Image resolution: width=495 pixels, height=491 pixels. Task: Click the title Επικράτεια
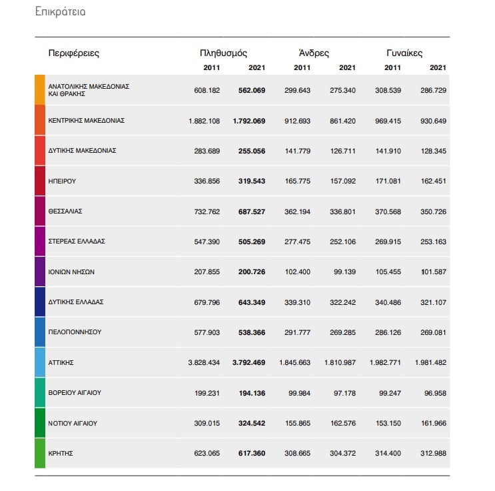61,12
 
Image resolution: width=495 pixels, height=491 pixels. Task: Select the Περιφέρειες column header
73,53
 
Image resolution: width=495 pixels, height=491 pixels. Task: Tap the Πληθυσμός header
223,53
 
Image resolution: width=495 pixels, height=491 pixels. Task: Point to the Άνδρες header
314,53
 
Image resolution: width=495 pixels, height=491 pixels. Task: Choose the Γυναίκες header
404,53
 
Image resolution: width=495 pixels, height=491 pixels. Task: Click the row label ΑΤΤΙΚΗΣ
61,363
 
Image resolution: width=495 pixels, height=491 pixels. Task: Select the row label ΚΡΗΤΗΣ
61,454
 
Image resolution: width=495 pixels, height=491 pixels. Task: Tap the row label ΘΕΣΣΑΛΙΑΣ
65,211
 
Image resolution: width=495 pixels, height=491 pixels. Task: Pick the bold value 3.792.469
248,363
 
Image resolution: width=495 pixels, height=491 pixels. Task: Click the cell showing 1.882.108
205,121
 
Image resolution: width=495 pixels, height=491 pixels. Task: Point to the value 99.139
344,272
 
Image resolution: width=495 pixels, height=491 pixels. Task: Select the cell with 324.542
252,424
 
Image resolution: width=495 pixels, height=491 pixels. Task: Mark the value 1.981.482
430,363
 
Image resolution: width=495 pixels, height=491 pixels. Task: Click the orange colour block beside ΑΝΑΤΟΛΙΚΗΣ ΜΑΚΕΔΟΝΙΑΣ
40,90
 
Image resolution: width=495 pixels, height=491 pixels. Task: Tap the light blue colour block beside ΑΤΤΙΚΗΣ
40,362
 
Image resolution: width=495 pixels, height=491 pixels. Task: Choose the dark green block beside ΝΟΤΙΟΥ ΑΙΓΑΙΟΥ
40,423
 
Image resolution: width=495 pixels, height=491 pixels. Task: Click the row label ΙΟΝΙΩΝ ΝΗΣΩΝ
71,272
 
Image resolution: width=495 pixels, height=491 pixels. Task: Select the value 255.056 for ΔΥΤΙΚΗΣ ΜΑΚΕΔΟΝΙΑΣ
252,151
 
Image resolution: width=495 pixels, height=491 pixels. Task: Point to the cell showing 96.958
435,394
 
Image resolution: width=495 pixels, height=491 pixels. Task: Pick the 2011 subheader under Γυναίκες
392,67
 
